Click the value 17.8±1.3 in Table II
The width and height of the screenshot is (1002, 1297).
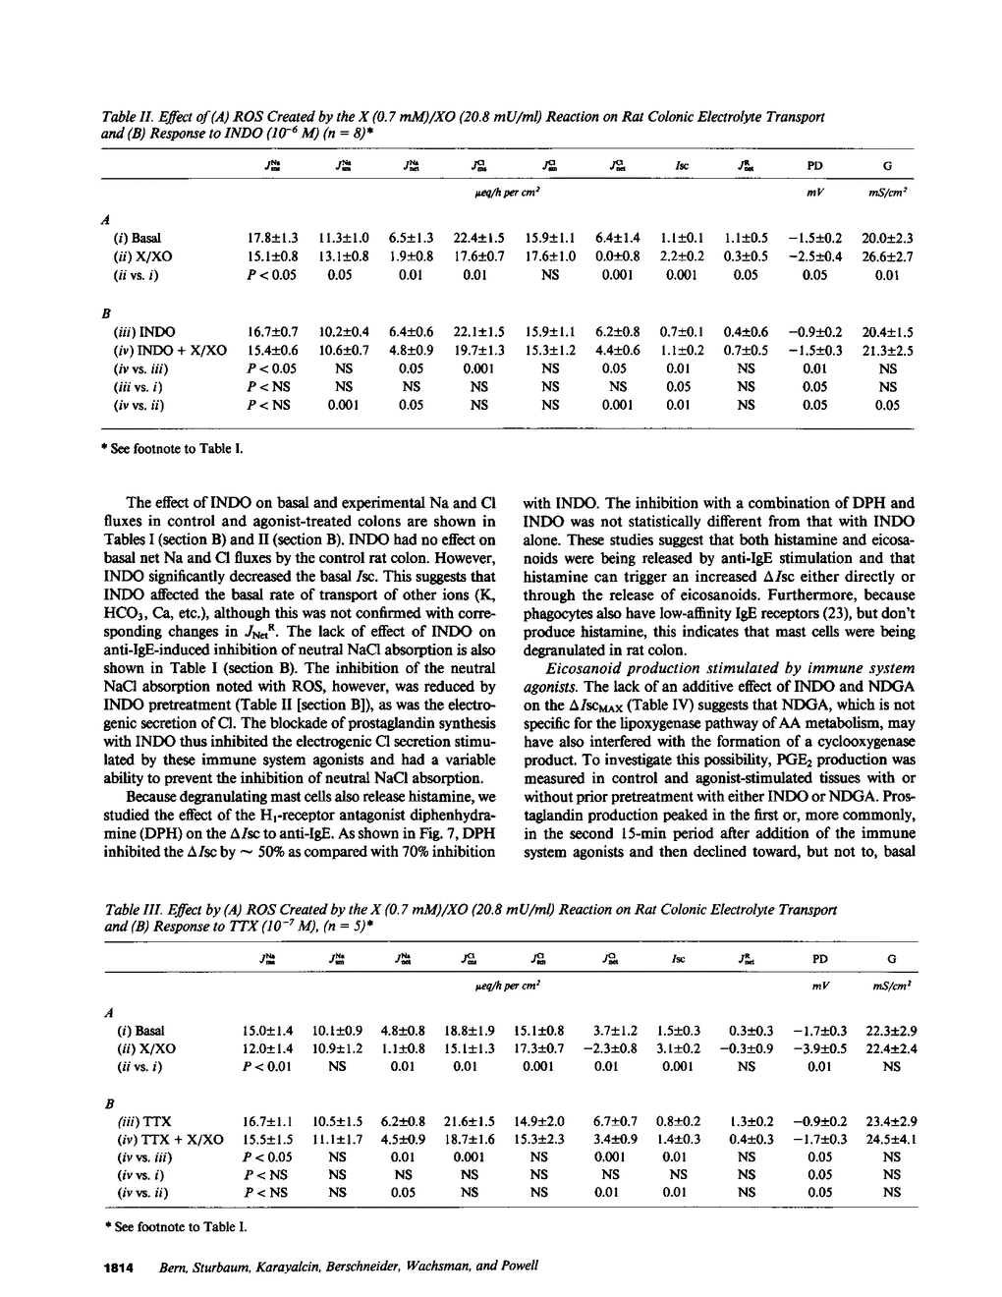pos(272,238)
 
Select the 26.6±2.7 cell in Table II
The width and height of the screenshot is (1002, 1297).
pos(887,256)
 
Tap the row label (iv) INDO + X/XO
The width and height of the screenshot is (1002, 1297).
pos(170,351)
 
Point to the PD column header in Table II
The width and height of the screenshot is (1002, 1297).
pos(814,166)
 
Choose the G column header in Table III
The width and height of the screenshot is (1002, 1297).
pos(891,959)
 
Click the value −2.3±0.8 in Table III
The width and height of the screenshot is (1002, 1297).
pos(610,1048)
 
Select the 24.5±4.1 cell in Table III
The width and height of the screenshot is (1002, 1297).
pos(891,1139)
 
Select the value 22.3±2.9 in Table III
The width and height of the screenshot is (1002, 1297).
pos(891,1031)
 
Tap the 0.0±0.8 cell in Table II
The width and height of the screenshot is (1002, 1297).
pos(619,256)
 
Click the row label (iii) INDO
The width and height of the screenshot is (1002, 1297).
pos(145,332)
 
